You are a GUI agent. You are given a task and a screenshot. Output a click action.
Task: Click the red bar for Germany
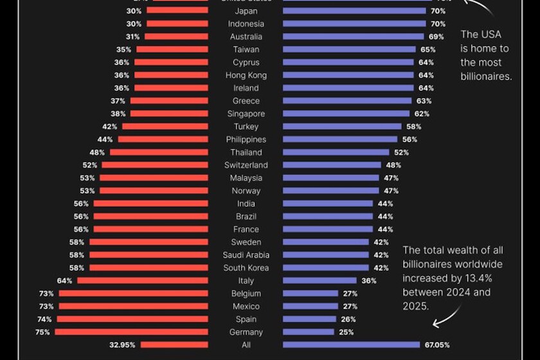click(131, 332)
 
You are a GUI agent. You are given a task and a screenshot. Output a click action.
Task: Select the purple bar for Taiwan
click(349, 50)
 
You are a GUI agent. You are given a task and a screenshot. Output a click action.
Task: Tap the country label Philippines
click(246, 139)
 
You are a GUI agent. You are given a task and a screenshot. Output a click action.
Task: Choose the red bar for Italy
click(143, 281)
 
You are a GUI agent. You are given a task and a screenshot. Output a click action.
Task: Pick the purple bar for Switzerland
click(332, 165)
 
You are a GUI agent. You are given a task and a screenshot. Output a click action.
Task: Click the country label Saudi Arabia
click(246, 255)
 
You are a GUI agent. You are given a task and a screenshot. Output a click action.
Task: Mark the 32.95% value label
click(122, 345)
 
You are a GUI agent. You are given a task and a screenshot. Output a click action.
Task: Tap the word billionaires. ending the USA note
click(485, 76)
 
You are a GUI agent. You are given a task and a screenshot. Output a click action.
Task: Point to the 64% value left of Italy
click(64, 281)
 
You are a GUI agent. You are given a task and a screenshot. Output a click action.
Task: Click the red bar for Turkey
click(164, 127)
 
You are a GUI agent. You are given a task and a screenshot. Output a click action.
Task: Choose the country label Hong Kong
click(246, 75)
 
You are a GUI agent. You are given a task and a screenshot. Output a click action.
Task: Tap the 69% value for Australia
click(436, 37)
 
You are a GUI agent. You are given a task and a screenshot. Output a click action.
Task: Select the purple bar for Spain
click(309, 319)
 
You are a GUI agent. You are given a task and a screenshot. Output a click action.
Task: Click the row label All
click(246, 345)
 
